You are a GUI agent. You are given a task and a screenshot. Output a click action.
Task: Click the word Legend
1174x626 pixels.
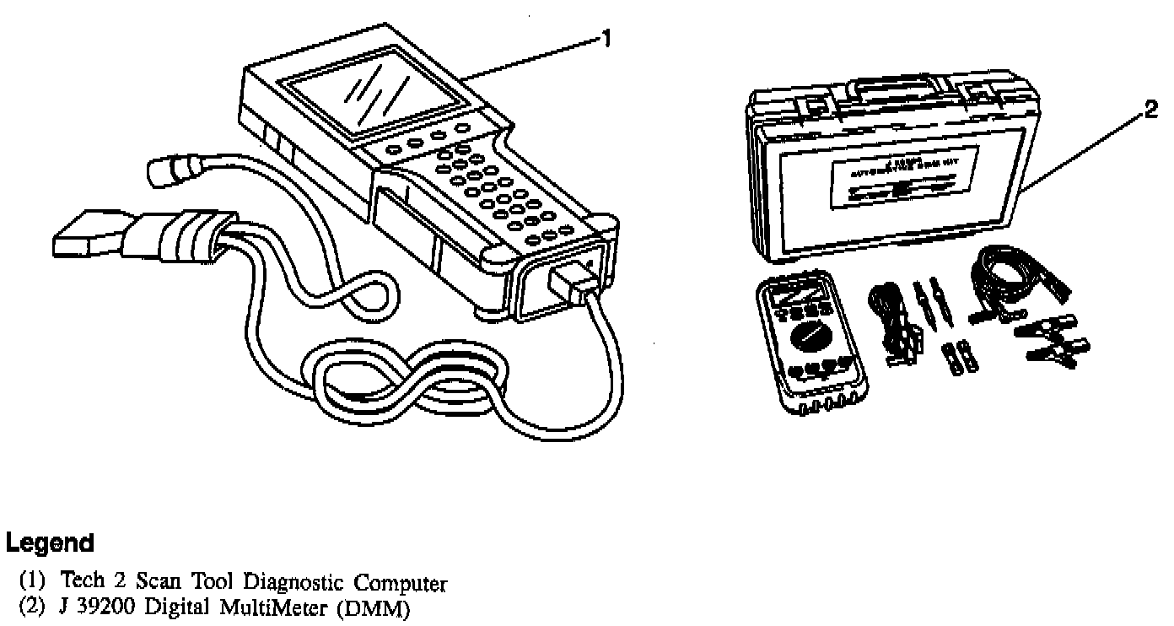[49, 542]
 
